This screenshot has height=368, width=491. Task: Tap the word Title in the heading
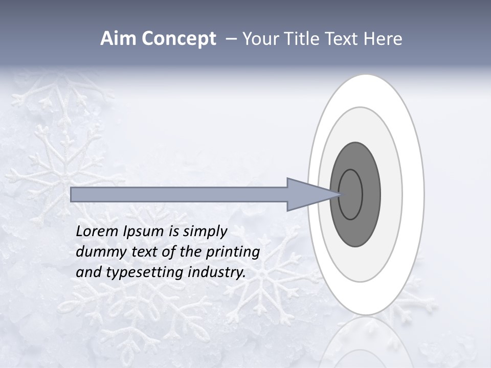coord(302,39)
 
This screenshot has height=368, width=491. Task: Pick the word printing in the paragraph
coord(232,251)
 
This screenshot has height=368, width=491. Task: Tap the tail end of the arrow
coord(74,194)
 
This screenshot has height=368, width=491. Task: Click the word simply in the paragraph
coord(205,231)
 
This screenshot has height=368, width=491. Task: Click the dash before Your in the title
coord(231,39)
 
